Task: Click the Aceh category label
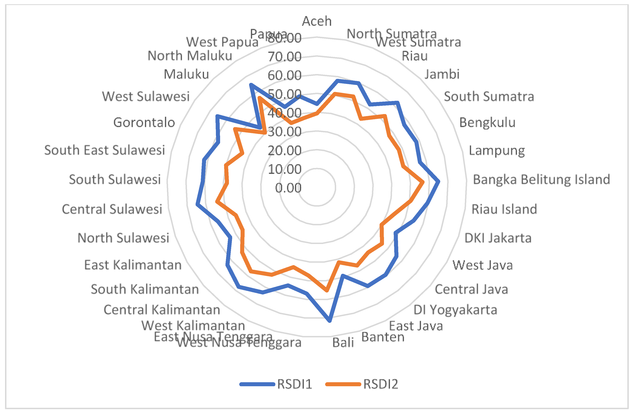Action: coord(317,21)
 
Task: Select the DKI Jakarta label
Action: coord(498,238)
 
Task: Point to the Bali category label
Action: coord(343,343)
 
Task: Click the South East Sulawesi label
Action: coord(105,150)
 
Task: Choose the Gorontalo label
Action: coord(144,123)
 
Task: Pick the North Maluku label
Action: coord(190,56)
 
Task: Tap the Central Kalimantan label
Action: coord(162,310)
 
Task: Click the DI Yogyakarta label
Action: coord(455,310)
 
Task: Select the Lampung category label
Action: coord(497,150)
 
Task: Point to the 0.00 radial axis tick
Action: coord(288,188)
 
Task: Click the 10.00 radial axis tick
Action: coord(285,169)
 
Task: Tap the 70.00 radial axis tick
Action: coord(285,57)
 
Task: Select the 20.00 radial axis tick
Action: coord(285,150)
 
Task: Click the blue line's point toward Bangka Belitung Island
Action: coord(439,181)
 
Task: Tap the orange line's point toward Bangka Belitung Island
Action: coord(423,182)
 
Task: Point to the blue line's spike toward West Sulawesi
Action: coord(217,116)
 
